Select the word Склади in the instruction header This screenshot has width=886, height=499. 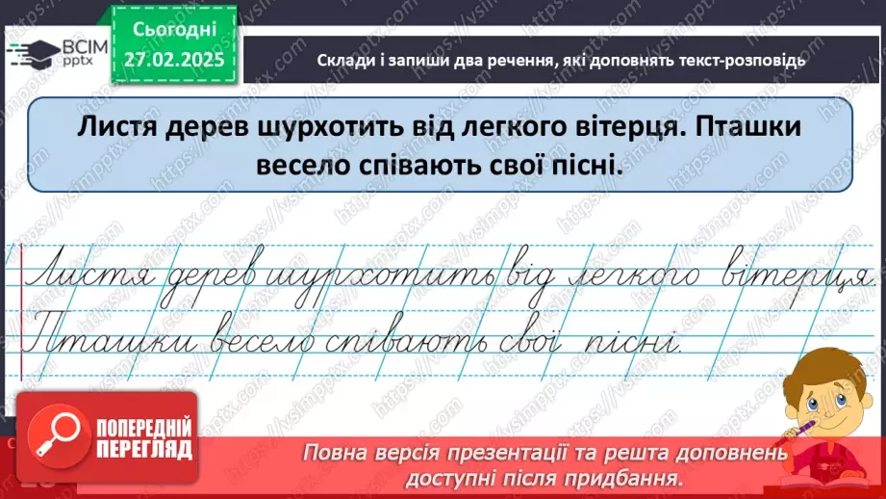(342, 60)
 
